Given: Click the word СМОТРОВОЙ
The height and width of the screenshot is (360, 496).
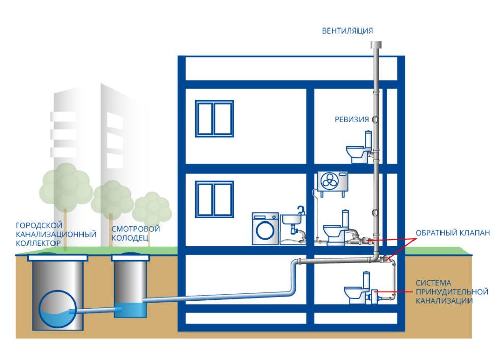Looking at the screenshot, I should point(135,229).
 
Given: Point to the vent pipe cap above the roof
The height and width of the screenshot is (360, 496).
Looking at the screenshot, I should point(377,47).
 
